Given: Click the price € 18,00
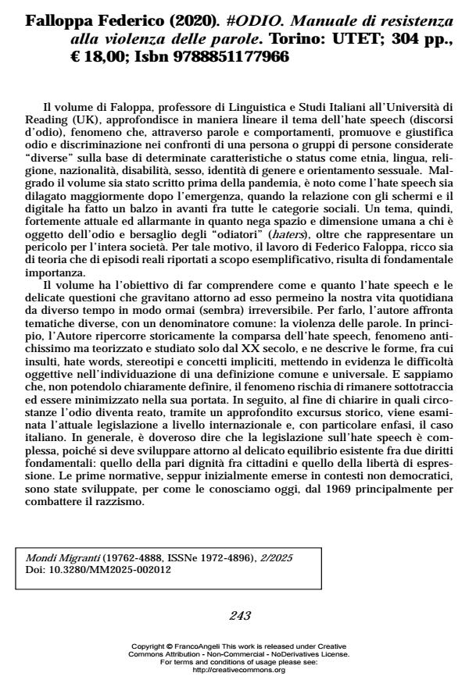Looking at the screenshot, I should pos(94,56).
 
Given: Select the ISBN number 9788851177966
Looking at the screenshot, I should pos(227,56).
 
